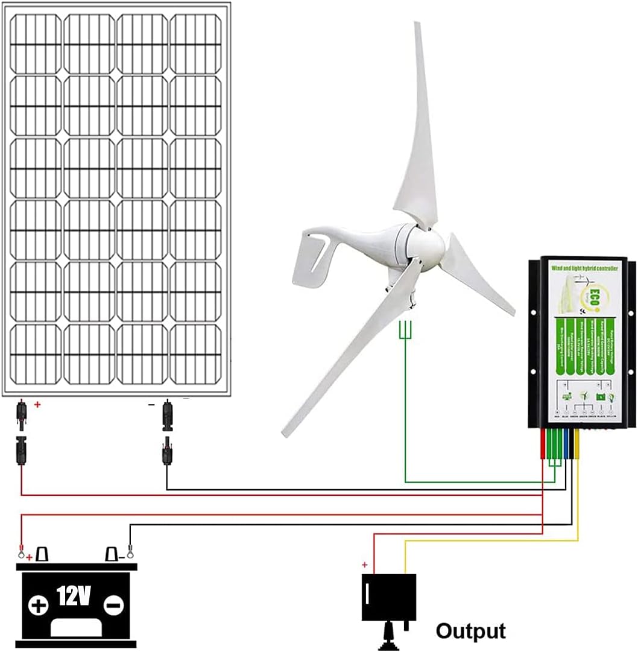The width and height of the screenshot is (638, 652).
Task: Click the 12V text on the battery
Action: click(x=74, y=597)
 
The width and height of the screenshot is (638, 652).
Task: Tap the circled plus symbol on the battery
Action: click(x=39, y=605)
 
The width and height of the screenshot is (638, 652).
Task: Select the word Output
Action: click(x=470, y=631)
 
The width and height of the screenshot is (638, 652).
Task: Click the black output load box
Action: click(x=388, y=597)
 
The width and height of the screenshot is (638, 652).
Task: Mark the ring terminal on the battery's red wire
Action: click(x=21, y=550)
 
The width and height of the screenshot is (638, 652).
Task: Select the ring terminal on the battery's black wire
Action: click(x=130, y=549)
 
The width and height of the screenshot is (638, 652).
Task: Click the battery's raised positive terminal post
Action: click(x=42, y=554)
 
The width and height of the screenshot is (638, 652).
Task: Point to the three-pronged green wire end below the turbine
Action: click(x=405, y=330)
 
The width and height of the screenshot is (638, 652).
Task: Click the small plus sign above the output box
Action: click(x=364, y=565)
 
